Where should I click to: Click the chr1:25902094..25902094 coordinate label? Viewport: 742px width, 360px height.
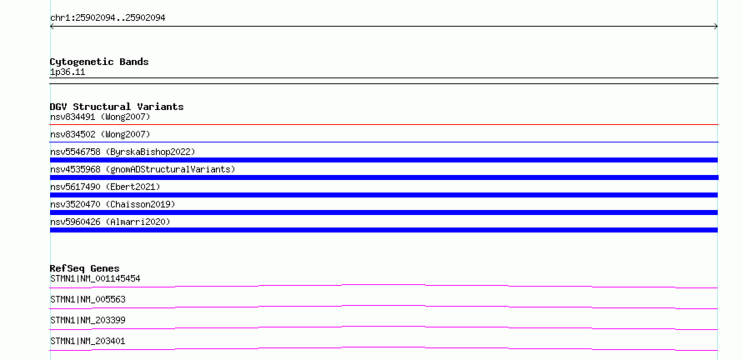pyautogui.click(x=108, y=18)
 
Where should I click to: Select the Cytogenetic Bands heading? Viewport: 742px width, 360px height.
pyautogui.click(x=99, y=62)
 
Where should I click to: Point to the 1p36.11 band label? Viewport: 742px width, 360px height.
pyautogui.click(x=68, y=72)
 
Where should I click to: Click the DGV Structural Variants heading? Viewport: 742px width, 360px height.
pyautogui.click(x=117, y=107)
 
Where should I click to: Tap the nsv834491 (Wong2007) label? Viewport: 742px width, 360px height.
pyautogui.click(x=100, y=117)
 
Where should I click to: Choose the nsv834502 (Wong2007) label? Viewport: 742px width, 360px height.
pyautogui.click(x=100, y=134)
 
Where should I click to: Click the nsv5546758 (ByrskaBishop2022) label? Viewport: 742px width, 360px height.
pyautogui.click(x=123, y=152)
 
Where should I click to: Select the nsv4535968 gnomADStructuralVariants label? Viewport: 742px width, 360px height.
pyautogui.click(x=143, y=169)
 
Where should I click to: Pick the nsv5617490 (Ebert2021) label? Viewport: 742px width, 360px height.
pyautogui.click(x=105, y=187)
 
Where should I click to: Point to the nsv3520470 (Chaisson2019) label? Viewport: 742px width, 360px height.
pyautogui.click(x=113, y=204)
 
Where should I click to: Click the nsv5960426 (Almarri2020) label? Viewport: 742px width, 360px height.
pyautogui.click(x=110, y=222)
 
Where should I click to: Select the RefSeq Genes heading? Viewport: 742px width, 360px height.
pyautogui.click(x=85, y=268)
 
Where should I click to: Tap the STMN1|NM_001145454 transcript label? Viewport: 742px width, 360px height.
pyautogui.click(x=95, y=278)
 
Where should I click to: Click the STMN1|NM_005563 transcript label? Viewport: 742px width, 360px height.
pyautogui.click(x=88, y=299)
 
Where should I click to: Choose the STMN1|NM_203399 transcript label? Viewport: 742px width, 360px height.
pyautogui.click(x=88, y=320)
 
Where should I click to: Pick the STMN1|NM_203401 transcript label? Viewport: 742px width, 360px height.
pyautogui.click(x=88, y=341)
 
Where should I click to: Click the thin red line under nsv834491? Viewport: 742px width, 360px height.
pyautogui.click(x=384, y=124)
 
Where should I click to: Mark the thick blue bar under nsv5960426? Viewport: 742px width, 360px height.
pyautogui.click(x=384, y=230)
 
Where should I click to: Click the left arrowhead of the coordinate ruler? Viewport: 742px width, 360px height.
pyautogui.click(x=52, y=27)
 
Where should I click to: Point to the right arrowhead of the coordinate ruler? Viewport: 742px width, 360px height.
pyautogui.click(x=716, y=27)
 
